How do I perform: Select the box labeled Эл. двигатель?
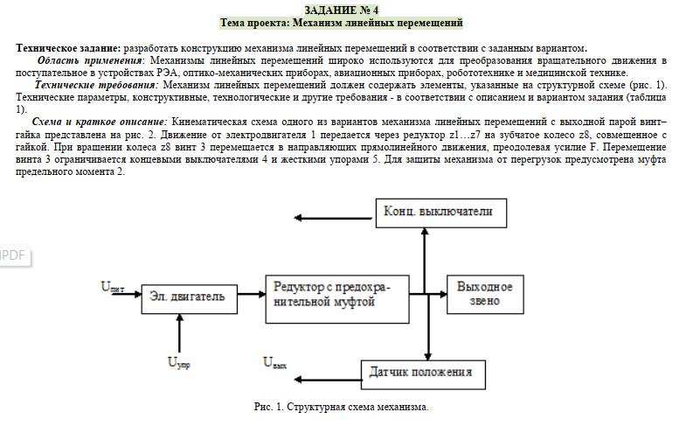(188, 297)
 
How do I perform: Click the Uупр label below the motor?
(179, 361)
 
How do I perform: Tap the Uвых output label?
(274, 361)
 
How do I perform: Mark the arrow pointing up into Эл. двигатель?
(179, 332)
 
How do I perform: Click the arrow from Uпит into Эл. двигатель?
(127, 297)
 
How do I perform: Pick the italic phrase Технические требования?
(95, 86)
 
